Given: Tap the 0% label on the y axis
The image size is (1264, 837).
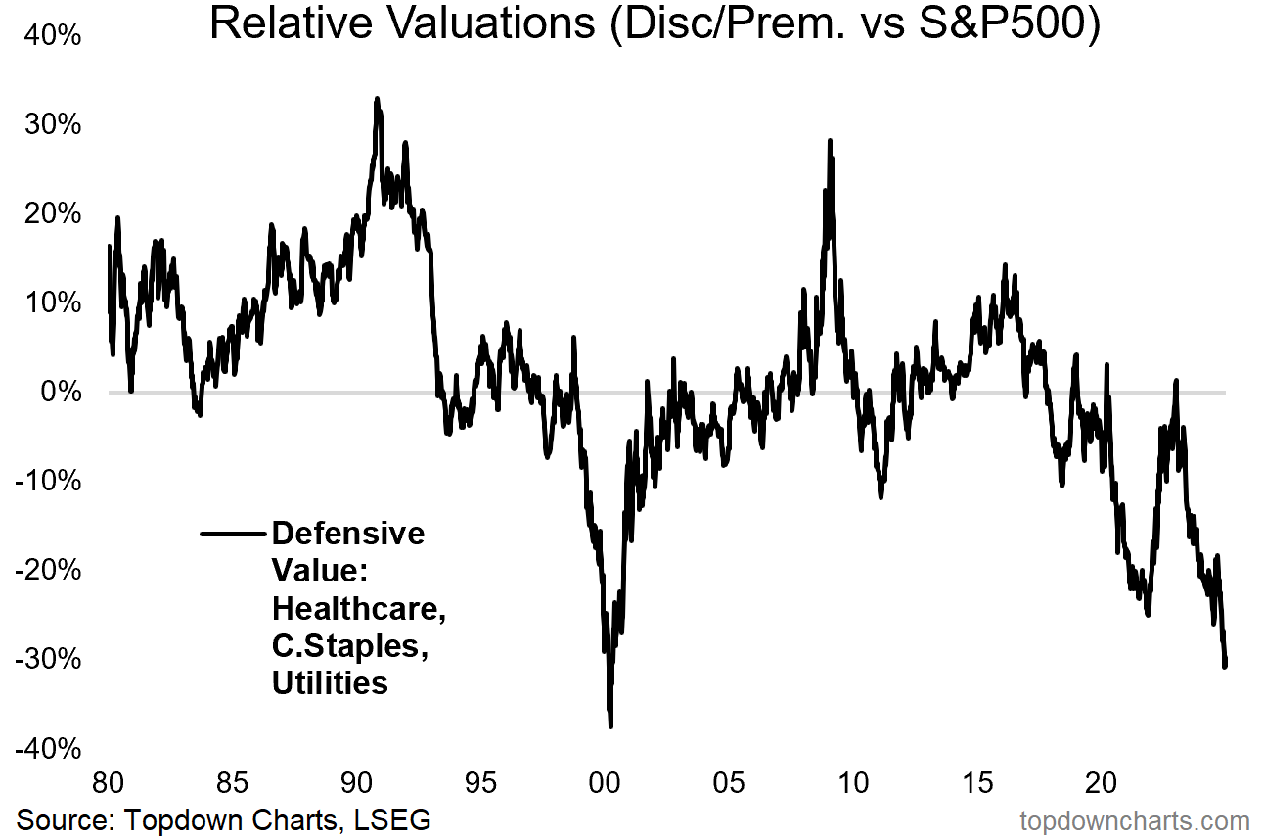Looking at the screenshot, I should pyautogui.click(x=60, y=392).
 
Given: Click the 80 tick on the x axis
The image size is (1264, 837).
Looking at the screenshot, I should pyautogui.click(x=108, y=783).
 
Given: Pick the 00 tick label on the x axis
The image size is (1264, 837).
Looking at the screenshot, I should pyautogui.click(x=605, y=783).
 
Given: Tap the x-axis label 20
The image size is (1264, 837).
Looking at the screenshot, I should pyautogui.click(x=1103, y=783).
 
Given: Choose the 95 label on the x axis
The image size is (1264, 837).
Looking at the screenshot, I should pyautogui.click(x=480, y=783).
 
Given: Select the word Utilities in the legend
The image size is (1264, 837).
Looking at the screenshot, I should pyautogui.click(x=330, y=682).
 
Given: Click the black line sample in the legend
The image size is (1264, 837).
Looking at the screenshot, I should pyautogui.click(x=232, y=534).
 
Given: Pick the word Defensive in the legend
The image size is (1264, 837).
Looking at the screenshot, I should pyautogui.click(x=348, y=534).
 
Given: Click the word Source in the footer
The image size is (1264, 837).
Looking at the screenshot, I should pyautogui.click(x=65, y=818).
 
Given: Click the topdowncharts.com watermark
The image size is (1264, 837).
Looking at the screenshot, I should pyautogui.click(x=1135, y=820).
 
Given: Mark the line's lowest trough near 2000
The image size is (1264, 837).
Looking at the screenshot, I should pyautogui.click(x=610, y=726).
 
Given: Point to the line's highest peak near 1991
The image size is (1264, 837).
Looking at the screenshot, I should pyautogui.click(x=377, y=99).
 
